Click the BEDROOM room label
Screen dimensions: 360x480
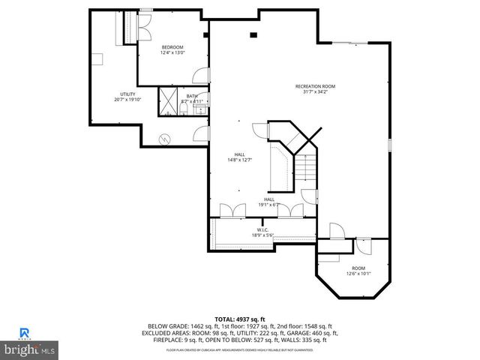pos(172,47)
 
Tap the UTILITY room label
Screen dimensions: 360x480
pos(127,94)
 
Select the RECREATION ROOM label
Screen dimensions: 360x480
pos(315,86)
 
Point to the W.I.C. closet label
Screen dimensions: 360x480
pos(262,229)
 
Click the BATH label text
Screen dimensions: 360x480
pos(193,95)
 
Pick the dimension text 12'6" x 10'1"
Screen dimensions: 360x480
pos(358,274)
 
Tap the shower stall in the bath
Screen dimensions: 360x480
pos(168,100)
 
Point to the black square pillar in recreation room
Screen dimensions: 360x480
pos(253,34)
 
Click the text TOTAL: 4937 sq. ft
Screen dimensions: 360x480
pos(240,319)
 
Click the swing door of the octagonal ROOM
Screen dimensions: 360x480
pos(364,245)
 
